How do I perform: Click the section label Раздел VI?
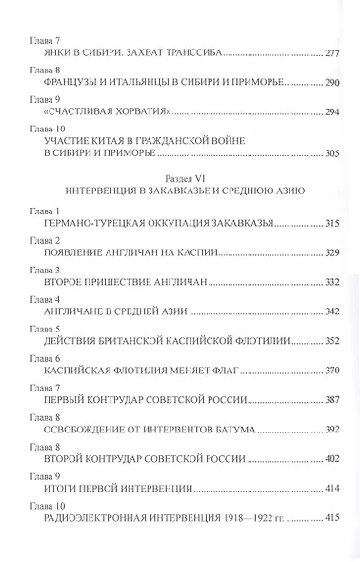tap(179, 177)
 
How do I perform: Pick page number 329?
tap(324, 256)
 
